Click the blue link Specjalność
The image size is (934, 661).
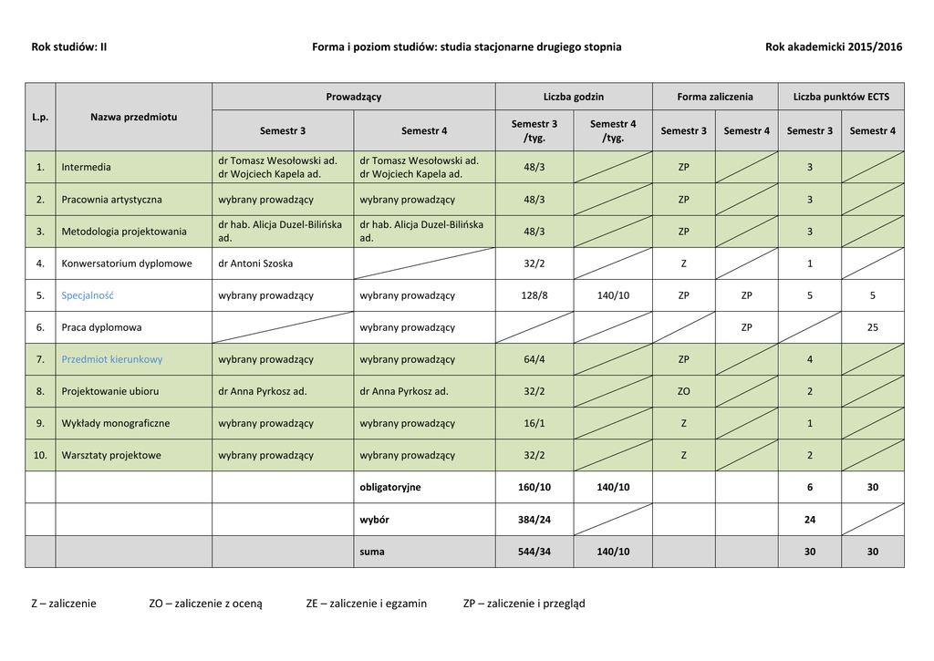point(88,295)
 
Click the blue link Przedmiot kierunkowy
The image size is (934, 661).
point(112,359)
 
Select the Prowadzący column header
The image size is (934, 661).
point(354,97)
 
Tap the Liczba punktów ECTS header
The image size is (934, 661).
point(841,97)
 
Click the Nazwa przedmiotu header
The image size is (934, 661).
point(134,117)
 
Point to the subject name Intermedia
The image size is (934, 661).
point(87,168)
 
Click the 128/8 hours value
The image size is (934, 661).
point(534,295)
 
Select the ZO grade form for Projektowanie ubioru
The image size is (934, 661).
point(683,391)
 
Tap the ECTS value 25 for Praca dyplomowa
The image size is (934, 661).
point(872,327)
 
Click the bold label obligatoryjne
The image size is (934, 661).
point(390,488)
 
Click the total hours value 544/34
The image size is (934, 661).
point(534,552)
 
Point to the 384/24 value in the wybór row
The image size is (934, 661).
point(534,520)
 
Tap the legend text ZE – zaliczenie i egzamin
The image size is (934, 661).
point(367,604)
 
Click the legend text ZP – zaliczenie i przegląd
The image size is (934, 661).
point(524,604)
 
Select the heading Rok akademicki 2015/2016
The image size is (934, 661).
point(834,46)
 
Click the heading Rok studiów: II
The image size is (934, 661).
point(69,46)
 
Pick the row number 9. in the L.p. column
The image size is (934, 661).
point(40,423)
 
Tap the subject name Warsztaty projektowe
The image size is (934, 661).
point(111,455)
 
